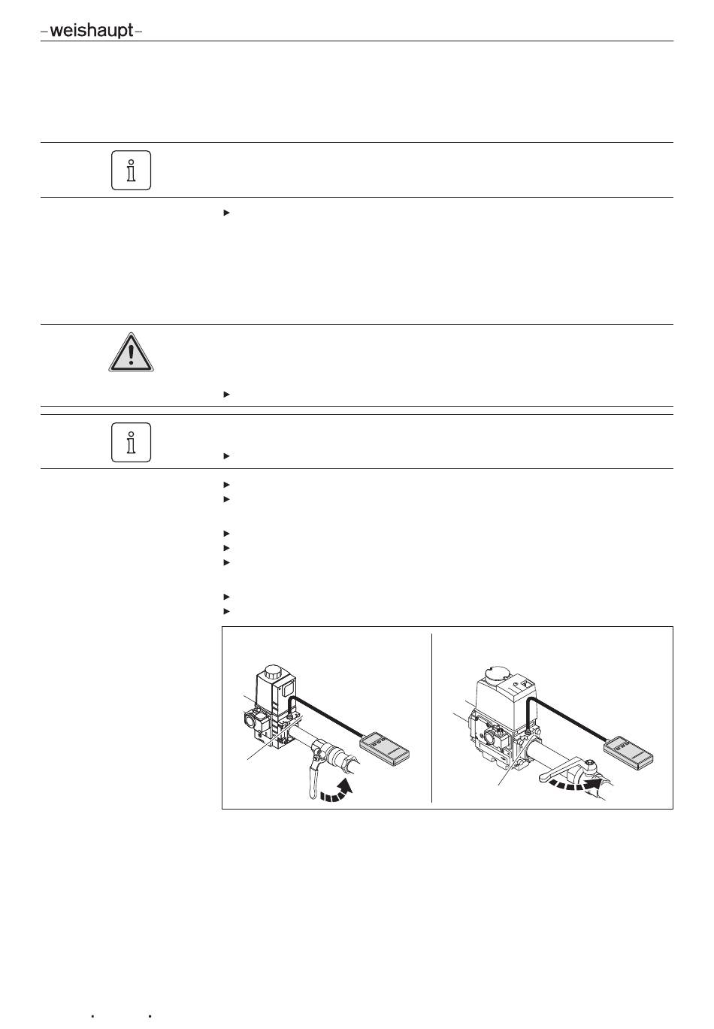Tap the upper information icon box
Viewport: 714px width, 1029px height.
(x=131, y=170)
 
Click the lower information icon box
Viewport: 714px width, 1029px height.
(x=131, y=442)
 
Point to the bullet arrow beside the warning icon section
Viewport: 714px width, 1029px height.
(x=226, y=394)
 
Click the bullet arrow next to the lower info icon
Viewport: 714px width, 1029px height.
(x=226, y=456)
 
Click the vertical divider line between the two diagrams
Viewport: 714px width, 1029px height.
(x=432, y=718)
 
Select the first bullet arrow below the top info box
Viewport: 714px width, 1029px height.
(x=226, y=213)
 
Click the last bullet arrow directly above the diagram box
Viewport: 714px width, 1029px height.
(x=226, y=610)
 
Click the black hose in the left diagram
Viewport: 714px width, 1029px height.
(x=331, y=717)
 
